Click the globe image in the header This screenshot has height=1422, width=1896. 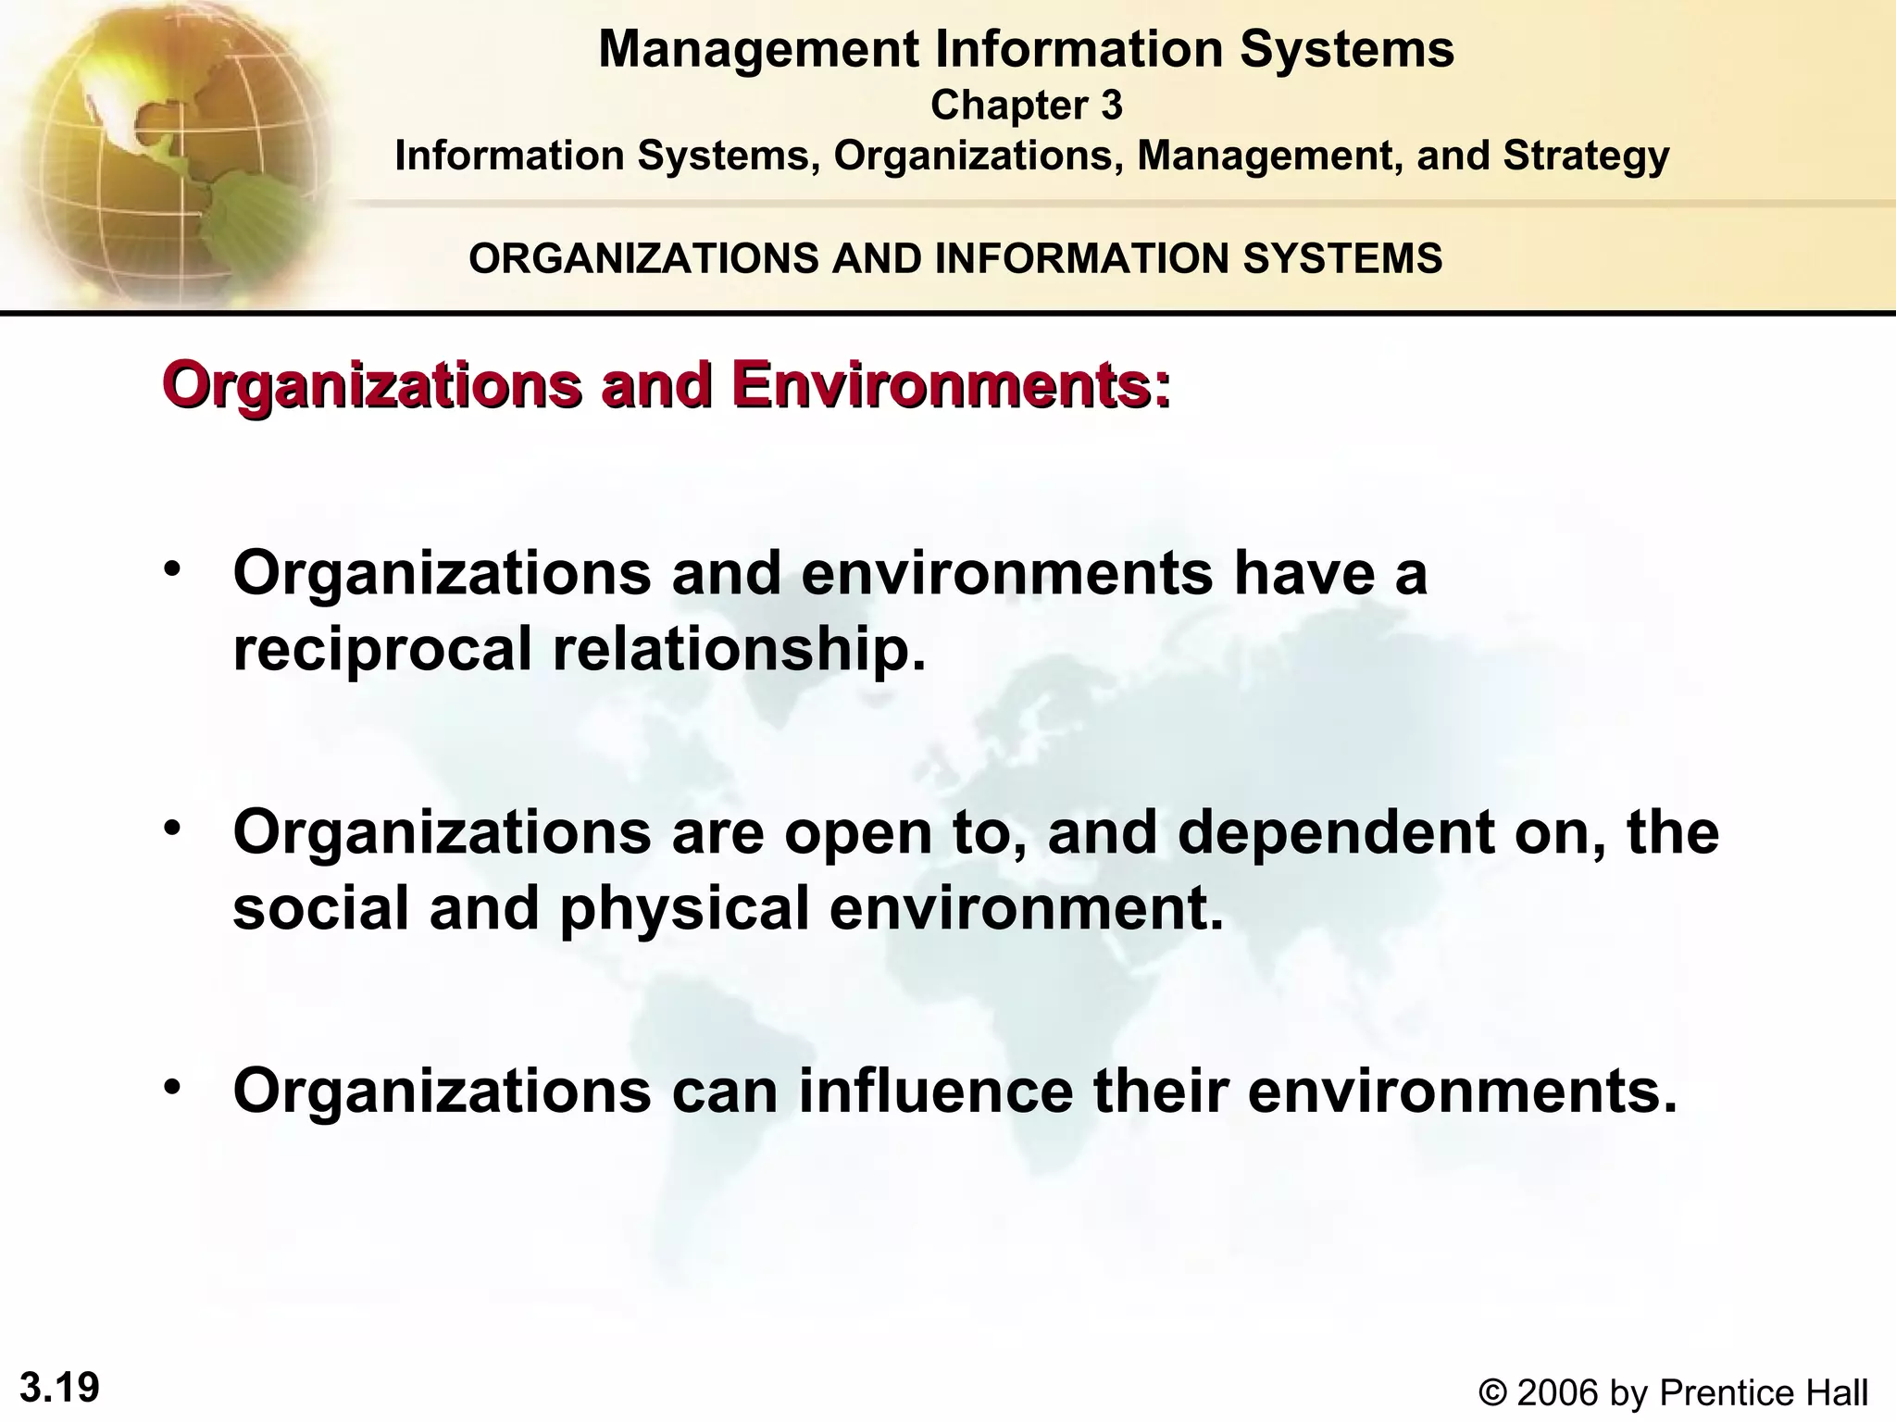pos(171,153)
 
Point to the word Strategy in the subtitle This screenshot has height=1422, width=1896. pos(1586,156)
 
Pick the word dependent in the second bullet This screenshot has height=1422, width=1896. pos(1336,831)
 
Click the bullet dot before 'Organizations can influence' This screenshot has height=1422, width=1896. pos(171,1085)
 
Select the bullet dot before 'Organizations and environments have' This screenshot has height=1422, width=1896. pos(171,568)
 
